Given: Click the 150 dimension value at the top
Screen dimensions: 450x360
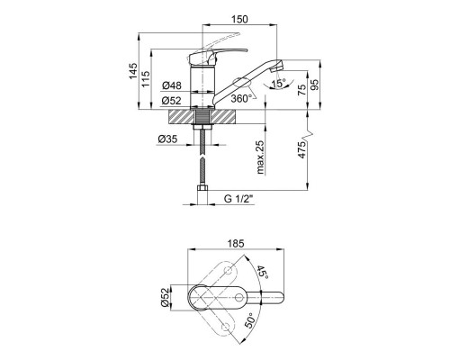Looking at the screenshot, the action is click(x=239, y=19).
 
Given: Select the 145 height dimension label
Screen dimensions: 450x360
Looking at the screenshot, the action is click(x=133, y=71).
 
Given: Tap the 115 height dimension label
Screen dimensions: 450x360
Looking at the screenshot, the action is click(x=146, y=79).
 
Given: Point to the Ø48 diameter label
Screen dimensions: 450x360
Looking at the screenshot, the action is click(x=172, y=85).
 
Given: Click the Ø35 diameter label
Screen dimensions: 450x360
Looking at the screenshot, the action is click(x=167, y=139).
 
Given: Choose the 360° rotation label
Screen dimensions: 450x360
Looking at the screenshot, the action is click(x=241, y=98).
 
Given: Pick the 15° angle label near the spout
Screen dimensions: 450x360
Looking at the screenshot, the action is click(x=278, y=84).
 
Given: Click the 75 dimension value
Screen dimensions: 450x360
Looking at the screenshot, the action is click(x=302, y=90).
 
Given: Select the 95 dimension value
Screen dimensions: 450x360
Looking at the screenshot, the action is click(x=315, y=85).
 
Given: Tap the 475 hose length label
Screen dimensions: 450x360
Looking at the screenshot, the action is click(x=302, y=149).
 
